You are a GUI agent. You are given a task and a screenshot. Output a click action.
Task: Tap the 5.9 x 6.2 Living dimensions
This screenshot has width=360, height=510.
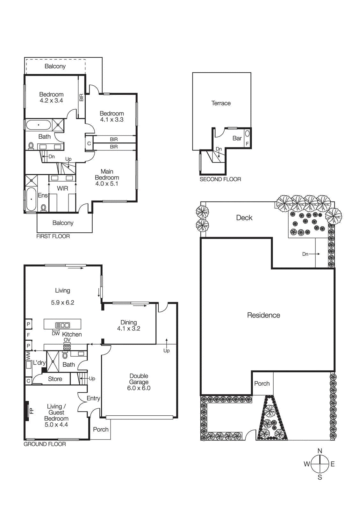click(62, 302)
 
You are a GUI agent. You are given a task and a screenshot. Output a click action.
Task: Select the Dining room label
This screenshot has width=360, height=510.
click(128, 322)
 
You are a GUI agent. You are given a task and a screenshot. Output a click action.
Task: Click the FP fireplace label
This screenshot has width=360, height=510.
click(32, 411)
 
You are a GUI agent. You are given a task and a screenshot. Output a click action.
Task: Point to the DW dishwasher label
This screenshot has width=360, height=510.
click(56, 333)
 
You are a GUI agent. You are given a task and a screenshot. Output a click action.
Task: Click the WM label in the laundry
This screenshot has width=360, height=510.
click(28, 355)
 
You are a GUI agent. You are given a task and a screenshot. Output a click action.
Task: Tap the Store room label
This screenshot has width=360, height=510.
click(55, 379)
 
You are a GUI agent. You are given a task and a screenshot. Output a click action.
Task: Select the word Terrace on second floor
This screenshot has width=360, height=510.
click(221, 103)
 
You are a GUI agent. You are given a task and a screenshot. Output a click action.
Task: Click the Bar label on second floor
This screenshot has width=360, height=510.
click(237, 138)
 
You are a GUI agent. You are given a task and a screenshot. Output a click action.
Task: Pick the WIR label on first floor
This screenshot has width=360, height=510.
click(62, 188)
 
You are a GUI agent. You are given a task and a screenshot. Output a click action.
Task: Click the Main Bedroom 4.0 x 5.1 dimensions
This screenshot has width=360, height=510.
click(107, 184)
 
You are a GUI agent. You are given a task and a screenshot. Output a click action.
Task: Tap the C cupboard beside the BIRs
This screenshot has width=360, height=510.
click(89, 143)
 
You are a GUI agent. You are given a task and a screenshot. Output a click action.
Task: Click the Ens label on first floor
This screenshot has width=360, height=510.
click(43, 195)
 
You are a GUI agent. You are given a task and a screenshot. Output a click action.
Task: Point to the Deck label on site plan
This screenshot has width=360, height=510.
click(244, 218)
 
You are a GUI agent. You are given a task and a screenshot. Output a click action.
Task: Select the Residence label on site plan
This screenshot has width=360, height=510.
click(263, 315)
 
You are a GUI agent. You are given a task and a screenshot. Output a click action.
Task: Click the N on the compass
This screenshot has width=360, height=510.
click(320, 451)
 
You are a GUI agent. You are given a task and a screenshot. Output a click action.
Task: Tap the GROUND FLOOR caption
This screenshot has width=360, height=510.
click(45, 444)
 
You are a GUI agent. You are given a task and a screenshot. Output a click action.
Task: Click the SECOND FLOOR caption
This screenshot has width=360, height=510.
click(220, 179)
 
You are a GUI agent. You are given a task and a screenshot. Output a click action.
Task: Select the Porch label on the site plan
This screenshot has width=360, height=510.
click(262, 383)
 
